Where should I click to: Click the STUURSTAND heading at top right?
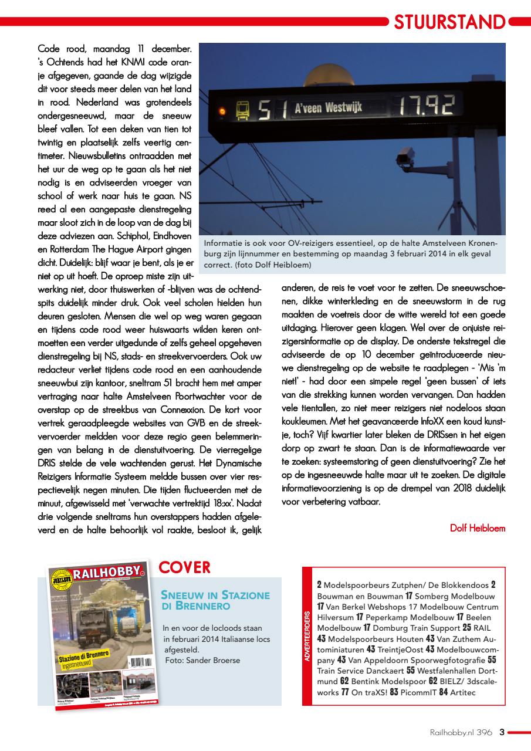coord(449,22)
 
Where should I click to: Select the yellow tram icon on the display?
coord(241,110)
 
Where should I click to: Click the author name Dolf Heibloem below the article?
coord(477,528)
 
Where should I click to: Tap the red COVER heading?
coord(184,567)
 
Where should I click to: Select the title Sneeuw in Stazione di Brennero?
coord(215,600)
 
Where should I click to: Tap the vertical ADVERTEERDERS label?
coord(306,637)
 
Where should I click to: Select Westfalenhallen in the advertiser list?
coord(452,671)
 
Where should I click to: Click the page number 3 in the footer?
coord(502,732)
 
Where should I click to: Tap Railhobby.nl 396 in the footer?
coord(461,732)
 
